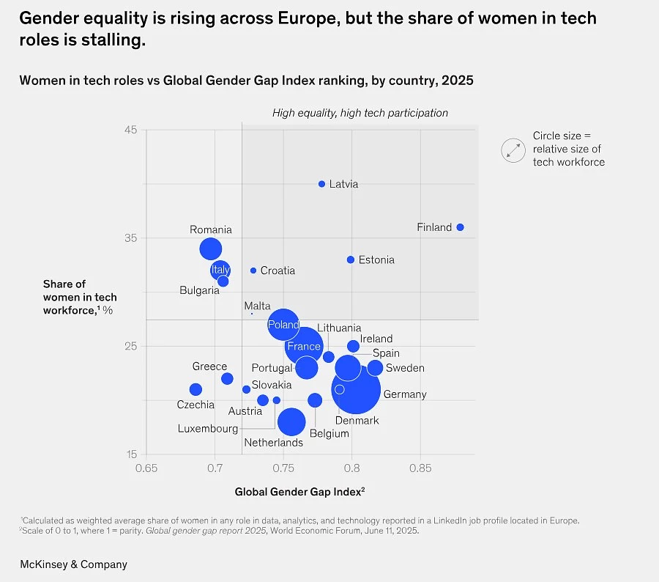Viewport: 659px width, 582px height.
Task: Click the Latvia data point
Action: click(x=321, y=184)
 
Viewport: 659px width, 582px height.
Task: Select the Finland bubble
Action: click(x=460, y=227)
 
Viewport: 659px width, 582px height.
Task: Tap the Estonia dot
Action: click(x=351, y=259)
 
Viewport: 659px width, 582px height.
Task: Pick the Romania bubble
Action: click(x=211, y=248)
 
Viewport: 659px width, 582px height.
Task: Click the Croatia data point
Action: click(x=253, y=270)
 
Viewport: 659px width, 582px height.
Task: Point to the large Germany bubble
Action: click(x=356, y=390)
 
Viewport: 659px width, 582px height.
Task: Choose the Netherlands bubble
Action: click(x=291, y=421)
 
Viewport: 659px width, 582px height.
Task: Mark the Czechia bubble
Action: click(x=196, y=390)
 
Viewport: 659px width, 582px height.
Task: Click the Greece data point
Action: click(x=227, y=379)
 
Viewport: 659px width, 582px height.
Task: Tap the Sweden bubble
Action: click(x=375, y=368)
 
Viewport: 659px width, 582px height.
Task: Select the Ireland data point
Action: click(x=354, y=346)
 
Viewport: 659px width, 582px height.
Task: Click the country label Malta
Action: click(x=257, y=306)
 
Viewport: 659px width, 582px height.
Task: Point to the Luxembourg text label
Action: click(x=208, y=429)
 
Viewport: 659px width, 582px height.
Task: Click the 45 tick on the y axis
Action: click(x=130, y=130)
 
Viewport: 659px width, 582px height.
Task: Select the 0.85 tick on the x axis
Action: click(x=420, y=468)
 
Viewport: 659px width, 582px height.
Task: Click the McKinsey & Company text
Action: click(x=73, y=564)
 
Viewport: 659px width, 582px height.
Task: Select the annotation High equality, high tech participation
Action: click(x=360, y=113)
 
